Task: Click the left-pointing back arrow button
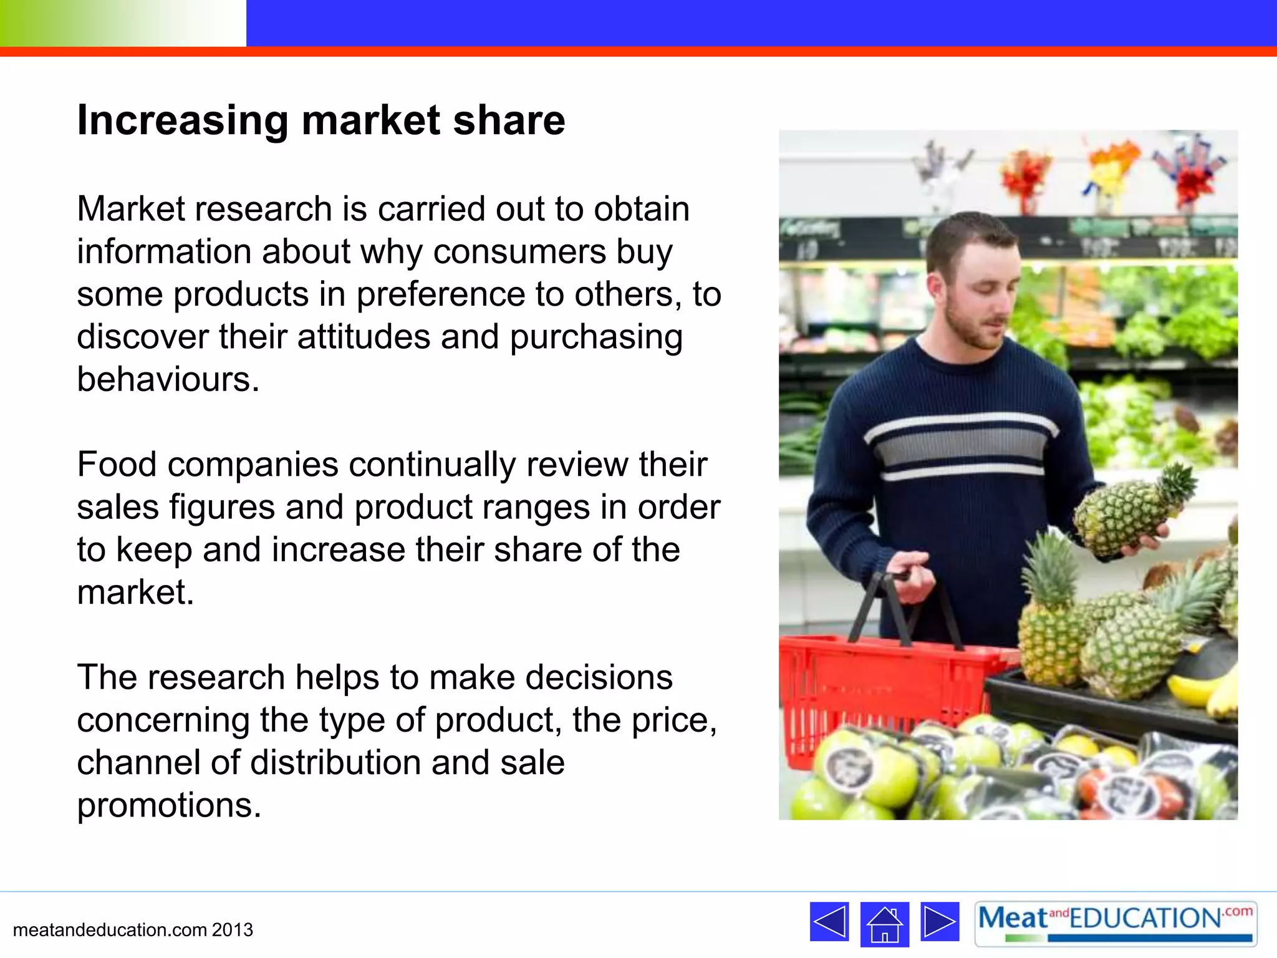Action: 829,921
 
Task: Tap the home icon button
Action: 884,924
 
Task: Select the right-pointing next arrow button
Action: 940,921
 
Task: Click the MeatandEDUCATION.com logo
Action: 1116,923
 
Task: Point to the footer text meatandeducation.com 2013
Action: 133,930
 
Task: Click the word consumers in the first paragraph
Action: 519,252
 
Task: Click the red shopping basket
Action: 873,686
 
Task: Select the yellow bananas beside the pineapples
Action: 1203,692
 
